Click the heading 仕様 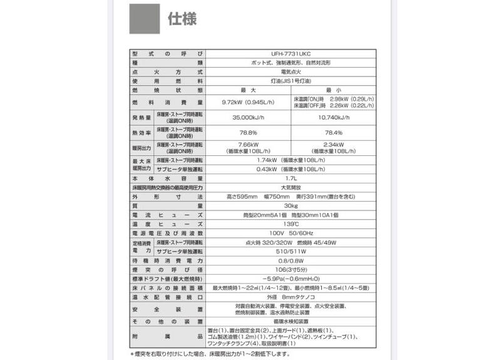182,19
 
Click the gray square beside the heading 145,19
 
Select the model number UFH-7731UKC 290,54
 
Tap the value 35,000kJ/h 249,117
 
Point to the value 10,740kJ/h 334,117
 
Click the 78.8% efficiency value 249,133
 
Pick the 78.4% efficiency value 334,133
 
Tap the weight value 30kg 290,205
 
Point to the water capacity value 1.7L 290,178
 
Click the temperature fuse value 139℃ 290,224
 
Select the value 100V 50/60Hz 290,233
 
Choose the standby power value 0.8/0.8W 290,260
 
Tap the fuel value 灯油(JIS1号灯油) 290,81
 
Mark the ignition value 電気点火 290,72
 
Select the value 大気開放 290,187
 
